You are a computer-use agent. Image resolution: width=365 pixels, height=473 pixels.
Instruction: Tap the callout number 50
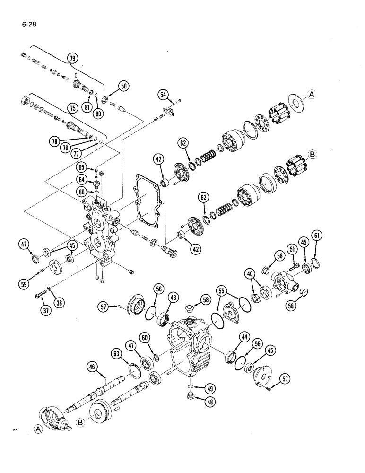pyautogui.click(x=123, y=86)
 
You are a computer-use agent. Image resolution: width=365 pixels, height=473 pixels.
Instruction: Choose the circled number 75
pyautogui.click(x=72, y=107)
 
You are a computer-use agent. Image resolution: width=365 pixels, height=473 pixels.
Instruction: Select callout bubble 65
pyautogui.click(x=82, y=167)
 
